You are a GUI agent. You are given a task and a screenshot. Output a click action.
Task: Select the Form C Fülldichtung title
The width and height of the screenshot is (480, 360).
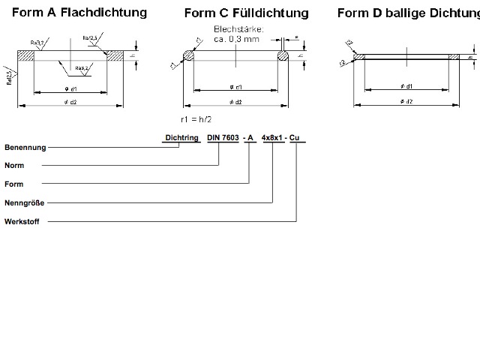[246, 13]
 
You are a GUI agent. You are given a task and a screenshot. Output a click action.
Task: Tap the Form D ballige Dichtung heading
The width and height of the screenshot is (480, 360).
[408, 13]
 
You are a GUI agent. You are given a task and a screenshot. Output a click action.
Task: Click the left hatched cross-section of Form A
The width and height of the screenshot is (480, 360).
[26, 55]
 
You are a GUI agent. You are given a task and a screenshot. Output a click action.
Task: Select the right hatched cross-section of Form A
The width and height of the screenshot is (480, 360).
[115, 55]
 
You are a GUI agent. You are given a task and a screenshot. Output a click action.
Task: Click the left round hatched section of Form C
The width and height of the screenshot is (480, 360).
[188, 55]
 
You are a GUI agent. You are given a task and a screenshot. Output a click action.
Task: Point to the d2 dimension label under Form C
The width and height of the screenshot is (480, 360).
[236, 102]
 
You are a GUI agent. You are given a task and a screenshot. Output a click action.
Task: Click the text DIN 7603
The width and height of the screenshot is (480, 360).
[222, 138]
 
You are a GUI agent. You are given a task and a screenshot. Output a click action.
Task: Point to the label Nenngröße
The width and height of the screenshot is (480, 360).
[22, 202]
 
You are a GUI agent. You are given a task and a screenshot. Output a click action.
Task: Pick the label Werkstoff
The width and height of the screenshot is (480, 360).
[22, 221]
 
